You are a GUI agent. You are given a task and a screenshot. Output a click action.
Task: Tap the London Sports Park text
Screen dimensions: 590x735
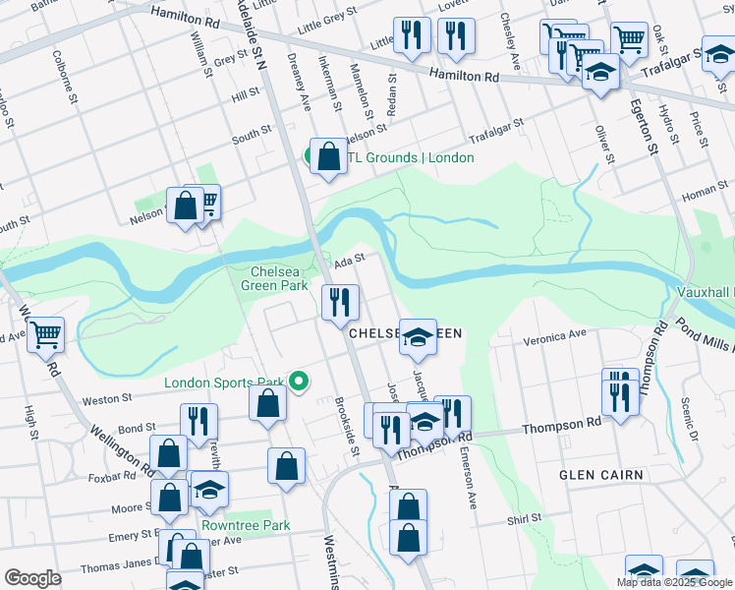(223, 383)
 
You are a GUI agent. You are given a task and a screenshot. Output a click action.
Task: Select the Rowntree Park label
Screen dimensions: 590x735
(246, 525)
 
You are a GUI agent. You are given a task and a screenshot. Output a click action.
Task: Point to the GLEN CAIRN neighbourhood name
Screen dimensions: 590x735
(600, 475)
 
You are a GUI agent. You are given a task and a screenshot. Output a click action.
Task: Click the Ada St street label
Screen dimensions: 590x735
(349, 261)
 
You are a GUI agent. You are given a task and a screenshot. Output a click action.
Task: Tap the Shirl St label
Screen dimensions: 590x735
(525, 518)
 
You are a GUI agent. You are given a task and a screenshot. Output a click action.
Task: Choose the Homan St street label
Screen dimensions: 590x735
(705, 191)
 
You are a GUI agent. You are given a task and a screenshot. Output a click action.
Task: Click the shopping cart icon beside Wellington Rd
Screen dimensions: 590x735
(46, 335)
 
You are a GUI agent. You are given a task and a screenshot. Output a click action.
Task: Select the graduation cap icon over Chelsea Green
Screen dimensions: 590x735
(419, 335)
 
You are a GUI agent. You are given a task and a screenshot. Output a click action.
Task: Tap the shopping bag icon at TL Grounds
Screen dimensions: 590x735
(328, 156)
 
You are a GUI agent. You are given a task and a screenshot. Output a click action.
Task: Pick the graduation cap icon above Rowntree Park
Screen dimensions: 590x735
(209, 490)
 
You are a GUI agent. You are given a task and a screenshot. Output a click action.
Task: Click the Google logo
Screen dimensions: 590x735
(32, 578)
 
